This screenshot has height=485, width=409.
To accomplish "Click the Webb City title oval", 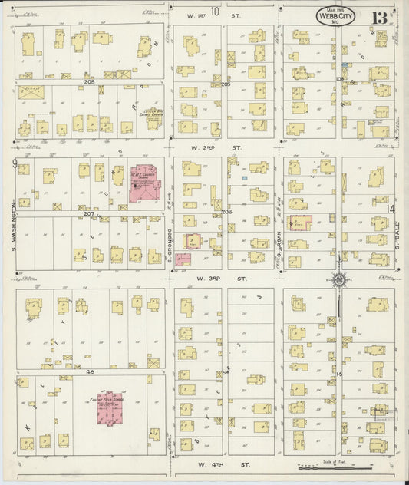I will (x=335, y=17).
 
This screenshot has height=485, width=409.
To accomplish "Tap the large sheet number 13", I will (x=380, y=18).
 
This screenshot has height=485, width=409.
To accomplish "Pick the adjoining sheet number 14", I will (x=391, y=208).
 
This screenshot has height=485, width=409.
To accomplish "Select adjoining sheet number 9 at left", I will (x=15, y=163).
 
